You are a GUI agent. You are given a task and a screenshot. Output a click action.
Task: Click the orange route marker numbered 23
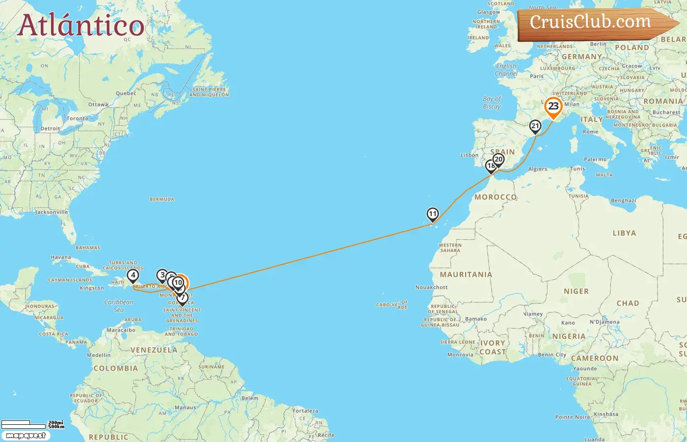point(554,107)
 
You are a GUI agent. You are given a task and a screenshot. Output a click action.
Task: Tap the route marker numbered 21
point(535,126)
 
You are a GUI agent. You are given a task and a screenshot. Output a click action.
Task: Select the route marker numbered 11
point(432,214)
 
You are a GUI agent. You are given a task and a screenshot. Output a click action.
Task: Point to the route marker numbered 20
point(499,160)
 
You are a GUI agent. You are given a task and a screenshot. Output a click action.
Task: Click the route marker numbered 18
point(490,166)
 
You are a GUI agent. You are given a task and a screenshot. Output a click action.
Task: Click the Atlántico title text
point(81,26)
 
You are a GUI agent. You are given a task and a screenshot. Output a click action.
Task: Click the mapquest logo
point(26,436)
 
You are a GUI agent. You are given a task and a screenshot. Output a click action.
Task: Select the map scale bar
point(32,424)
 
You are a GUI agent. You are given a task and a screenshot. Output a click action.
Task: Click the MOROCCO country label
point(496,197)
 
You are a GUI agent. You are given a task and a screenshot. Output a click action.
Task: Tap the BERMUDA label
point(162,199)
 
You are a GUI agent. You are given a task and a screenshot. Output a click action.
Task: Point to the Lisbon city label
point(469,155)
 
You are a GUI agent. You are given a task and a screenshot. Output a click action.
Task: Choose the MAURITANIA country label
point(466,275)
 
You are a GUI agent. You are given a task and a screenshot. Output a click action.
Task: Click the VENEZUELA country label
point(154,350)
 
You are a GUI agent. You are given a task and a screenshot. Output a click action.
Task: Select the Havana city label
point(61,257)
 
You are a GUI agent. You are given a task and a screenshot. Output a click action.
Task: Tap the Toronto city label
point(78,118)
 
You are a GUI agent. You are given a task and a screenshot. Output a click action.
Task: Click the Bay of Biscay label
point(492,103)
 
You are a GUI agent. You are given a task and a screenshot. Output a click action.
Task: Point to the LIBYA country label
point(624,233)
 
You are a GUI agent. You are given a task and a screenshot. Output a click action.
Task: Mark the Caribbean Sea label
point(119,305)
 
